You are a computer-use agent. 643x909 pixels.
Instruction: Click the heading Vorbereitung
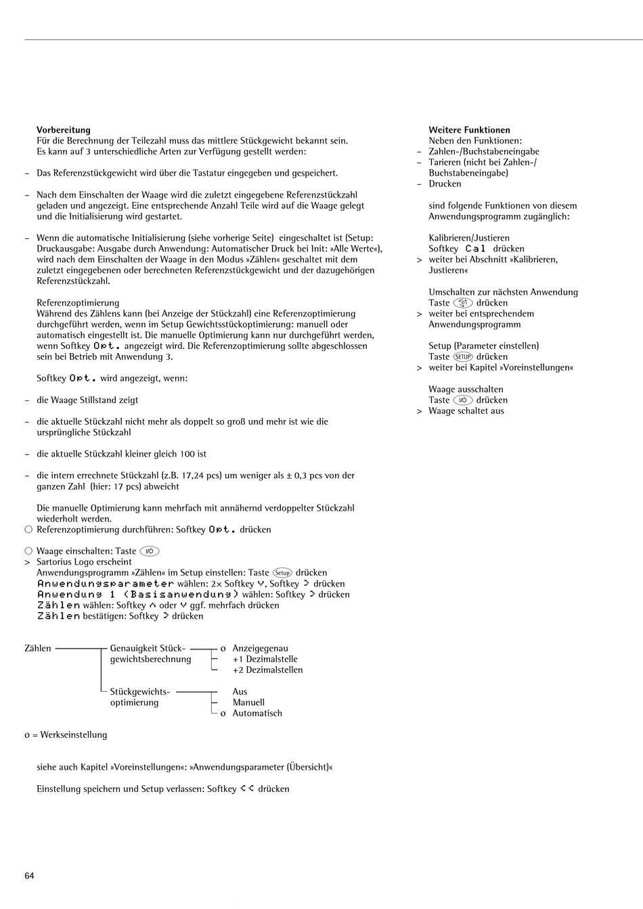[63, 130]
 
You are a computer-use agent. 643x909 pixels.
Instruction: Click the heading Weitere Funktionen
[469, 130]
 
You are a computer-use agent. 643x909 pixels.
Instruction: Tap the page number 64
[29, 876]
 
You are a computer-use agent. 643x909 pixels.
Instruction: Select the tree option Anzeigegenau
[260, 648]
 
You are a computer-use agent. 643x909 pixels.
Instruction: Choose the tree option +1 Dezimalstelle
[265, 659]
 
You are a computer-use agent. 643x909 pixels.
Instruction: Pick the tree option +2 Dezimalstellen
[267, 670]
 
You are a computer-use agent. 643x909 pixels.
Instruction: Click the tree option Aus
[240, 691]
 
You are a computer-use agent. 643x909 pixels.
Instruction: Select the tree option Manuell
[248, 702]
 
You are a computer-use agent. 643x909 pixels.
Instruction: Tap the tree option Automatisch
[257, 713]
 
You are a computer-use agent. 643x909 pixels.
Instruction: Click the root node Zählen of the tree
[38, 648]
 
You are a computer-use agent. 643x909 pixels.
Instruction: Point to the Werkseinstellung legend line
[66, 735]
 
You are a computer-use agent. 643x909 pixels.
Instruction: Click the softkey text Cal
[476, 249]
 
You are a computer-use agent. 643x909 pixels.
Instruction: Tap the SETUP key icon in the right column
[462, 356]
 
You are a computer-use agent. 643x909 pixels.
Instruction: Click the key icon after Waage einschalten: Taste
[150, 551]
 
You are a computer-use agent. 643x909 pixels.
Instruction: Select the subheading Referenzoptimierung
[78, 302]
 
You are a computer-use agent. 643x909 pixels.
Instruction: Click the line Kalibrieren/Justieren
[469, 238]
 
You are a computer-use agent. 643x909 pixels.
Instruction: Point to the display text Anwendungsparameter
[106, 584]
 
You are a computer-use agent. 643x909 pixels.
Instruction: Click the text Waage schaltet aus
[466, 411]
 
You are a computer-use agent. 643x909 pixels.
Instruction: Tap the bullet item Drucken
[445, 184]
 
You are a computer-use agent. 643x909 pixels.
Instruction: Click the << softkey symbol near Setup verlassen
[247, 789]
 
